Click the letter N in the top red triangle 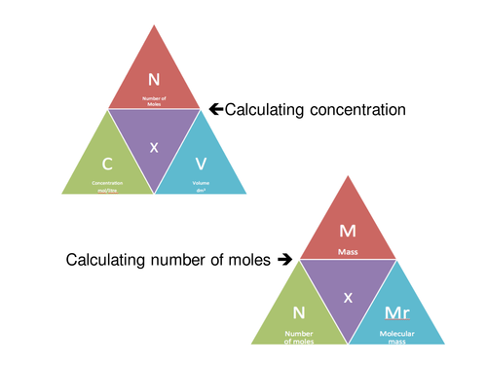153,79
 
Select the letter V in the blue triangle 201,164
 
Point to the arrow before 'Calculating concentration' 217,110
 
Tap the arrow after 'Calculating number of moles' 284,260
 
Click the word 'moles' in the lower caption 249,260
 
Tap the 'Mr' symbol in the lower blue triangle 397,313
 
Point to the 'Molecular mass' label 397,334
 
